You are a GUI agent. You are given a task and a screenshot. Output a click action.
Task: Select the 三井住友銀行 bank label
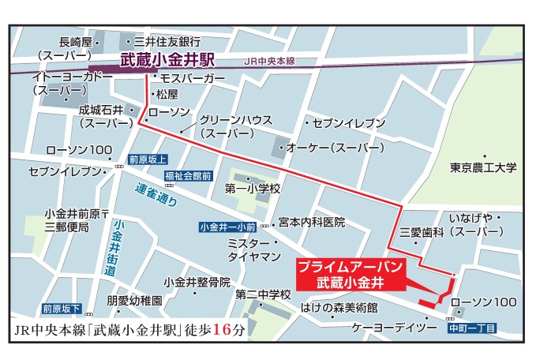pyautogui.click(x=167, y=41)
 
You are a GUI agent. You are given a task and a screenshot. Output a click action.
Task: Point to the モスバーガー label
pyautogui.click(x=192, y=79)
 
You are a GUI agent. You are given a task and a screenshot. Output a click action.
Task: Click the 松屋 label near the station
pyautogui.click(x=168, y=94)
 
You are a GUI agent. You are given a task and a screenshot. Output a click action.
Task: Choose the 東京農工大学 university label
pyautogui.click(x=483, y=167)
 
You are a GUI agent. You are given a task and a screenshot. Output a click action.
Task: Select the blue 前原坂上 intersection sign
pyautogui.click(x=148, y=157)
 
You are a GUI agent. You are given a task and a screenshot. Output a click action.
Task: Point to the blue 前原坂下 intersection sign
pyautogui.click(x=62, y=308)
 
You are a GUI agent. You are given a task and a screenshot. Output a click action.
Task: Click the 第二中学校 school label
pyautogui.click(x=264, y=294)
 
